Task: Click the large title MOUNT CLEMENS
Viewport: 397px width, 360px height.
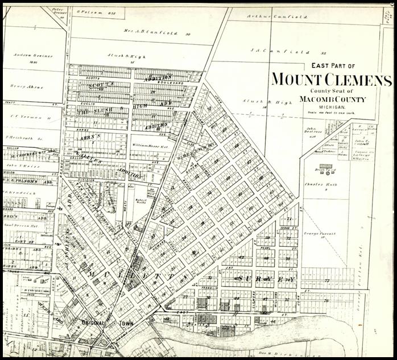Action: (331, 79)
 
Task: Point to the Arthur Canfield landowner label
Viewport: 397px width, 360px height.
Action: (276, 17)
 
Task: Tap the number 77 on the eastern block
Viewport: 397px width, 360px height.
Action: (327, 281)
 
